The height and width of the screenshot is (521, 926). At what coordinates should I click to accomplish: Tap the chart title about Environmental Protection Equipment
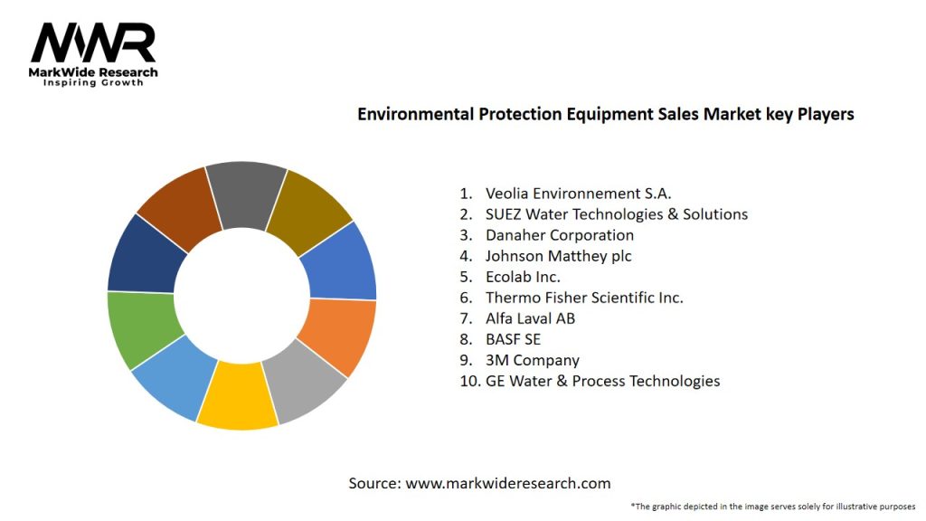click(605, 114)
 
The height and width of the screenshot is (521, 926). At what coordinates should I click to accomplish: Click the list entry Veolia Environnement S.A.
click(578, 193)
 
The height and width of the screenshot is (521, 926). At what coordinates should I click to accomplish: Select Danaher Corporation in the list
click(559, 235)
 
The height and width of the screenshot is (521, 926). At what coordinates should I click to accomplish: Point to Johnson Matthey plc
click(558, 256)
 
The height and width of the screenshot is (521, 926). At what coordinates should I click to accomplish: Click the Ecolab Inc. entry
click(523, 277)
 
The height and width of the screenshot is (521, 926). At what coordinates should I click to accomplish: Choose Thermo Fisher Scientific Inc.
click(583, 298)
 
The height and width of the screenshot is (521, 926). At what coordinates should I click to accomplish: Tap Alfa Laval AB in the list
click(530, 318)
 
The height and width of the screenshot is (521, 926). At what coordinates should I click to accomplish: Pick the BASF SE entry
click(512, 339)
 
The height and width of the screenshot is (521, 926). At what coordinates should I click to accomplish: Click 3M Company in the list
click(532, 360)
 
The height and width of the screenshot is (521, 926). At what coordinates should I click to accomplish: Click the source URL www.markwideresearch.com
click(507, 484)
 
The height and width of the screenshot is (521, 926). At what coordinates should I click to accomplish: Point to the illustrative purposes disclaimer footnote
click(773, 506)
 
